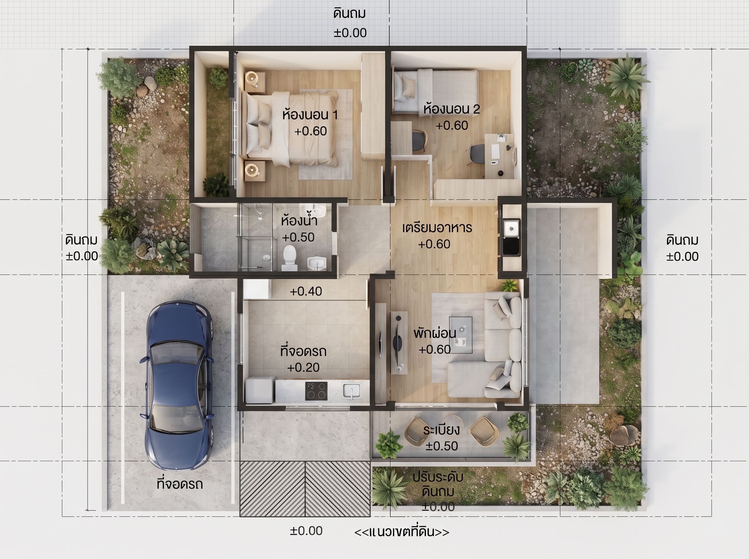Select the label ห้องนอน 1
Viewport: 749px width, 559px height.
coord(310,114)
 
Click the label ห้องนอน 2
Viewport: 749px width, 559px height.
coord(452,109)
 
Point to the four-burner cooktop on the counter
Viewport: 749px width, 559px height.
coord(316,391)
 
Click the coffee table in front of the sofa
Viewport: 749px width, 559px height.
coord(461,335)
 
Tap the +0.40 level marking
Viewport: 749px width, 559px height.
coord(306,291)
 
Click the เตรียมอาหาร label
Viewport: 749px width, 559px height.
coord(437,228)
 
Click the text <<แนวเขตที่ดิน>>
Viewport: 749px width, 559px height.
coord(402,532)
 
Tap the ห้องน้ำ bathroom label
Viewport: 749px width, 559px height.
coord(299,221)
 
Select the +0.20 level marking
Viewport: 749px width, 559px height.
coord(303,367)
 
